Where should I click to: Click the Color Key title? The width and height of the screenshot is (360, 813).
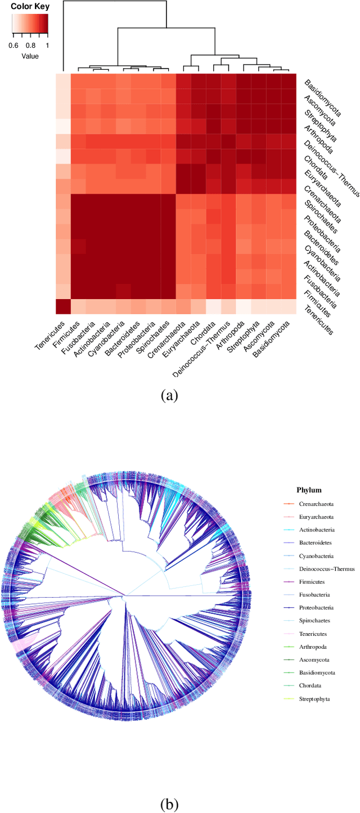pos(30,7)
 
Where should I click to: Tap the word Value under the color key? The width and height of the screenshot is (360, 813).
pos(30,56)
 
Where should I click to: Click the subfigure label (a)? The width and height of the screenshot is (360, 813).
pos(169,396)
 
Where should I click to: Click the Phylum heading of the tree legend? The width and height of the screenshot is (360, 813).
pos(309,490)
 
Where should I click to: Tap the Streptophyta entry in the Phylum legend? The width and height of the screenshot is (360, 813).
pos(316,698)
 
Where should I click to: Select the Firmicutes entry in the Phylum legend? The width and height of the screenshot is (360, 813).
pos(313,582)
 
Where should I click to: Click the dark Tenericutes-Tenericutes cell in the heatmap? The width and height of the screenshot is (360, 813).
pos(63,307)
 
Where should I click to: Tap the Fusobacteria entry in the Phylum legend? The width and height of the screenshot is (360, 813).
pos(314,595)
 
